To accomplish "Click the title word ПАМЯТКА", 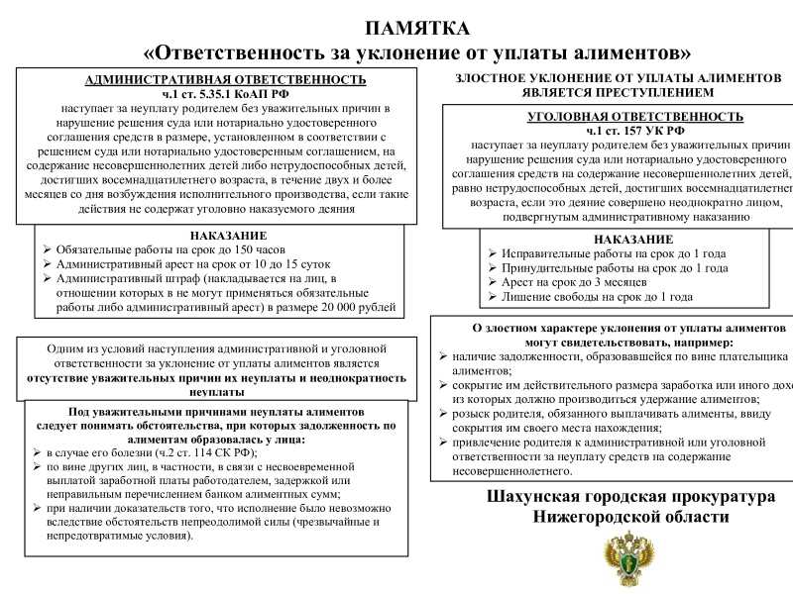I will (416, 28).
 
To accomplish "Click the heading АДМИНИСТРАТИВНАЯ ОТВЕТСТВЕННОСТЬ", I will (226, 79).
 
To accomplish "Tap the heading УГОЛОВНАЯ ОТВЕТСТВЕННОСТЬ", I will (635, 117).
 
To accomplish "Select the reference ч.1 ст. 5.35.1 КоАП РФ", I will (226, 93).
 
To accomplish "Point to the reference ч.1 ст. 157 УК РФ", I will (635, 131).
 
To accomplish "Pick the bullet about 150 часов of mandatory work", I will (170, 250).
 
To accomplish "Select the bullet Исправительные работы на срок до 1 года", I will (607, 253).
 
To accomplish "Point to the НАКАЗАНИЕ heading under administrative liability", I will (228, 236).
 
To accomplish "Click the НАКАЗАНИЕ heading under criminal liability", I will (633, 240).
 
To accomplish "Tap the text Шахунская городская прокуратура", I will (631, 497).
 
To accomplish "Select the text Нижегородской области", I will (630, 518).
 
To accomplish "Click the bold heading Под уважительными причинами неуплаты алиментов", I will (215, 411).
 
